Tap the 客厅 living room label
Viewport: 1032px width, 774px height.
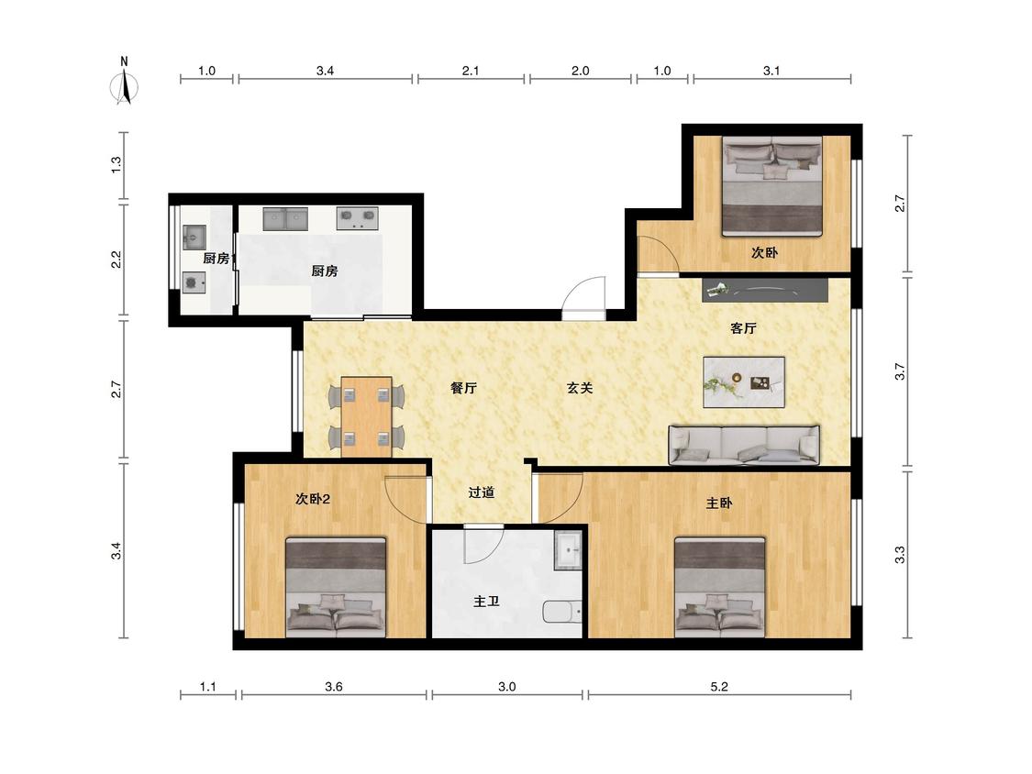743,328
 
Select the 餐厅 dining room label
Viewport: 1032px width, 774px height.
463,388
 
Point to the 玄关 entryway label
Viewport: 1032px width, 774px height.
580,388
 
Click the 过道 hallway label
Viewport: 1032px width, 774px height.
481,492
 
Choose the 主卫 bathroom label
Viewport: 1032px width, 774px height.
486,602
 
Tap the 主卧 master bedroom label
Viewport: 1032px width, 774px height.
718,503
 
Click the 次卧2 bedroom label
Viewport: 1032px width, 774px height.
313,500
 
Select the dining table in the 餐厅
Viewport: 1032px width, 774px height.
367,416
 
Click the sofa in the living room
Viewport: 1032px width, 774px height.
744,445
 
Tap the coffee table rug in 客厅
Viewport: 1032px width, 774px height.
744,382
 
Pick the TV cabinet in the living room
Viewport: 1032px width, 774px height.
765,290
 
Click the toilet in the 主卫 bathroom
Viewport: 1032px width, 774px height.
562,612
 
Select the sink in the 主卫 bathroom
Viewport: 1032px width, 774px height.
568,549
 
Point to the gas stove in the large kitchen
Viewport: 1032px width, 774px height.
358,218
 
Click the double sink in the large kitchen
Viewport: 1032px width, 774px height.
285,218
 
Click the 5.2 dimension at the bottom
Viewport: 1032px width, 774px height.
719,687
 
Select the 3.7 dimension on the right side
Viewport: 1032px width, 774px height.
900,371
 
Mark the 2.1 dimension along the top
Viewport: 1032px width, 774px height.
470,71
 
